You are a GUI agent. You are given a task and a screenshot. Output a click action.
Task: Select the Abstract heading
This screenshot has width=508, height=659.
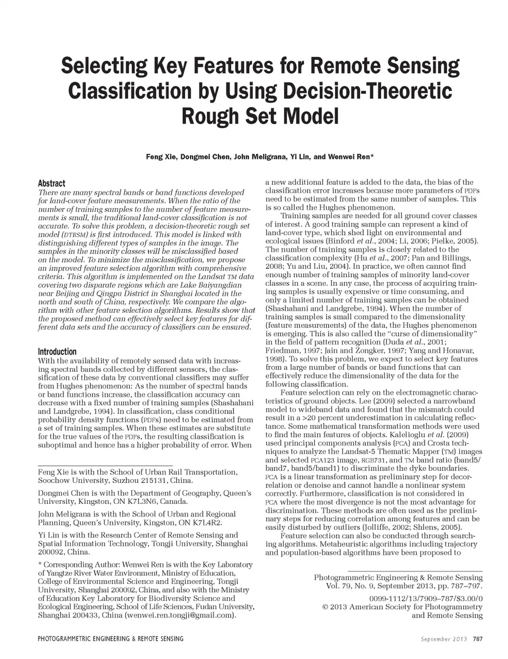coord(51,183)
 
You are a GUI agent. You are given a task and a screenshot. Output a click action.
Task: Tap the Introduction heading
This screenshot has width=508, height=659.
coord(57,351)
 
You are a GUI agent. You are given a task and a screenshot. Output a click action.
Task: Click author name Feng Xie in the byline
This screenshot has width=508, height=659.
coord(162,157)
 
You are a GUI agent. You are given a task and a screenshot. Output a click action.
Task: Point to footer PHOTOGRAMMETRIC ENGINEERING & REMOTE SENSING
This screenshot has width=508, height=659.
coord(111,639)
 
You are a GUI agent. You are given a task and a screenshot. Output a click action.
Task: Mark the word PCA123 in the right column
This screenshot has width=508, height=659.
coord(328,461)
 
